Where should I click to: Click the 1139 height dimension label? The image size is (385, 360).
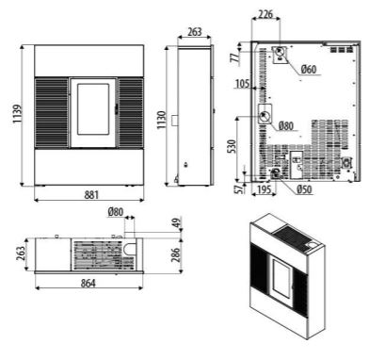point(17,114)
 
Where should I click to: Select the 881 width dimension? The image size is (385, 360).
point(91,195)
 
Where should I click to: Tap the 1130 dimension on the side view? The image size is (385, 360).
point(161,120)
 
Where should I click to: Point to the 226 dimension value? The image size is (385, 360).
point(266,14)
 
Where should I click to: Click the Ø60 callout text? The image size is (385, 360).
point(309,69)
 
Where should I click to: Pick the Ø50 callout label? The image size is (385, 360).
point(304,189)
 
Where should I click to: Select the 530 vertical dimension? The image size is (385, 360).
point(231,146)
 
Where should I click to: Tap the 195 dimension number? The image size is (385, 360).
point(264,189)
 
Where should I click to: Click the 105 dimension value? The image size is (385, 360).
point(243,84)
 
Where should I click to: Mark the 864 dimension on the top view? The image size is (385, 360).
point(88,284)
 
